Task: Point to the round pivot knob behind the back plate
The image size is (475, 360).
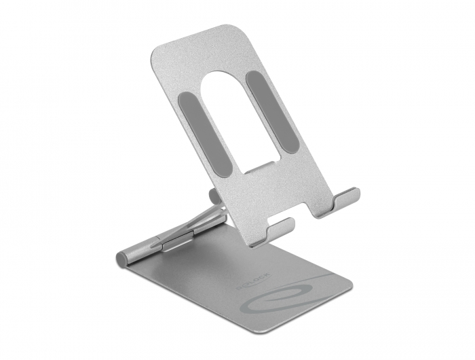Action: click(214, 196)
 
